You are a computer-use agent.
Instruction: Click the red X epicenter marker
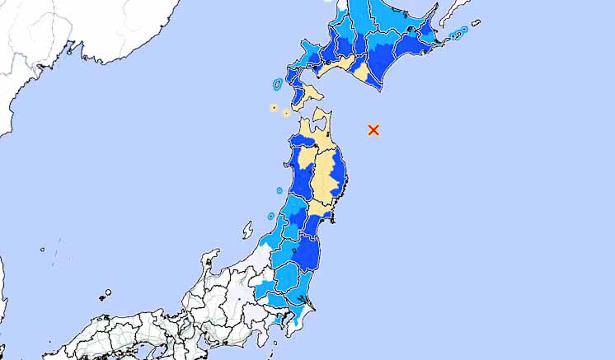coord(373,129)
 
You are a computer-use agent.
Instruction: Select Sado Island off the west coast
coord(248,230)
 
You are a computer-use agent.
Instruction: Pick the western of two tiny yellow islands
coord(273,107)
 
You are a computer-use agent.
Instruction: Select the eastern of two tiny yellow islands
coord(286,113)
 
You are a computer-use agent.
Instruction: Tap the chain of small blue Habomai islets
coord(458,33)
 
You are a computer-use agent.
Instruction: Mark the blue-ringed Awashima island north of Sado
coord(270,216)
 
